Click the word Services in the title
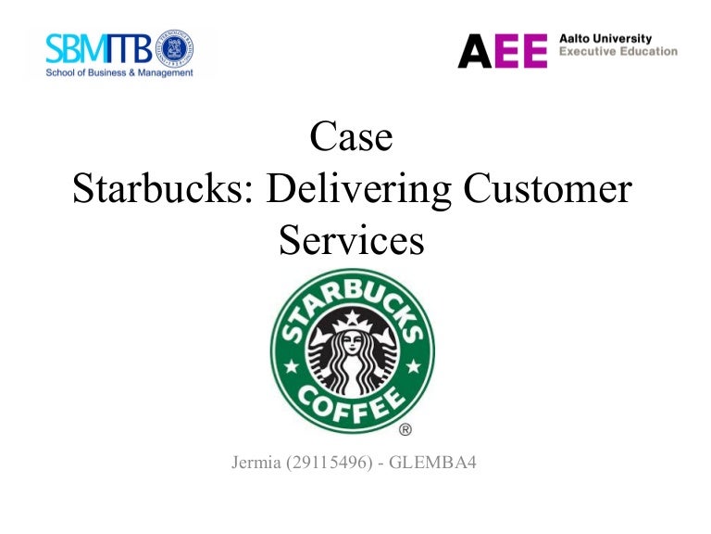351,241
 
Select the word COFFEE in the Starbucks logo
352,400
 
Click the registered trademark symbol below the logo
405,429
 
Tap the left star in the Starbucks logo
289,367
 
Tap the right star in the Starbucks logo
414,367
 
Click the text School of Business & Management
120,71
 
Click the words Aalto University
605,39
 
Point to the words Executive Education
617,52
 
